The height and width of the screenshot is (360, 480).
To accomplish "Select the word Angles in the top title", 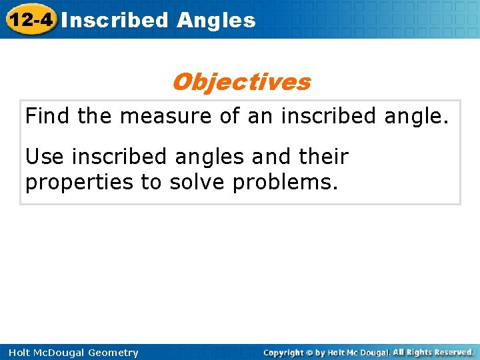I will click(x=216, y=20).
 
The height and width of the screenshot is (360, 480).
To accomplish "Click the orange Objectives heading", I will click(x=241, y=82).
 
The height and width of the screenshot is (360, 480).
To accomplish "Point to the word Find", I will click(x=48, y=116).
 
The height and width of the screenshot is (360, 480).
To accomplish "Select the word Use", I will click(x=45, y=157).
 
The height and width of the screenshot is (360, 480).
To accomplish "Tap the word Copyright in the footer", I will click(x=284, y=353).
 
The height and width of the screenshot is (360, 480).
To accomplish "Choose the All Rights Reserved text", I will click(x=433, y=352).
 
